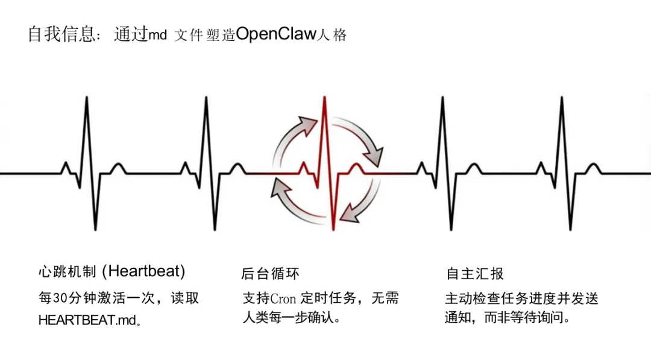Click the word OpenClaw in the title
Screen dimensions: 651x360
tap(276, 34)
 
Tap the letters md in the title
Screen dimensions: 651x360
tap(158, 36)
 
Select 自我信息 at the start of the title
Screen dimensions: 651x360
tap(61, 34)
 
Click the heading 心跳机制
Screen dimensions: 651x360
tap(67, 272)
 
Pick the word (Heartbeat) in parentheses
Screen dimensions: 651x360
tap(143, 271)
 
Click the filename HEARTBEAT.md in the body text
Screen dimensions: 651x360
tap(87, 320)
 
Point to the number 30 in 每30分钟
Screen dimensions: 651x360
tap(60, 298)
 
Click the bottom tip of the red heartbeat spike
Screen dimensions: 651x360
tap(333, 229)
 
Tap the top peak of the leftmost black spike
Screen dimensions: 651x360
tap(87, 97)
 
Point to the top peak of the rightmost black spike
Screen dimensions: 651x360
tap(562, 97)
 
